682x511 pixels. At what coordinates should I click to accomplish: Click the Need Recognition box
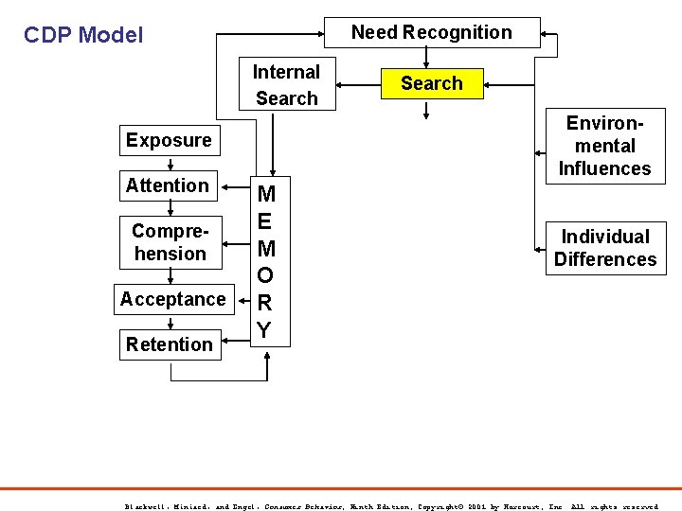[432, 32]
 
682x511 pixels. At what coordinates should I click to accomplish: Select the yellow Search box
[431, 83]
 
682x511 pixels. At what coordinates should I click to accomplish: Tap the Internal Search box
[286, 85]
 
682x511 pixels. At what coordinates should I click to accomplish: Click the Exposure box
[169, 140]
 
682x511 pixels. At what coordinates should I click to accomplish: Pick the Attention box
[168, 185]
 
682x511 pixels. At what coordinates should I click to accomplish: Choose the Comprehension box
[170, 242]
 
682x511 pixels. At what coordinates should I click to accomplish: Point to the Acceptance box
[172, 299]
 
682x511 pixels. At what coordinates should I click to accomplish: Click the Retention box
[170, 344]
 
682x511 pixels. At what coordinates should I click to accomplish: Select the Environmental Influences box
[604, 146]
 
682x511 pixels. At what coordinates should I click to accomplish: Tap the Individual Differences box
[604, 248]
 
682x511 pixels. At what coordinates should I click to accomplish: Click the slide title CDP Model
[83, 36]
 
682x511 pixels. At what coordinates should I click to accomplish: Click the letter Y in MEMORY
[266, 330]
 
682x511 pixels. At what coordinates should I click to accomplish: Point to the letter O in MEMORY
[266, 276]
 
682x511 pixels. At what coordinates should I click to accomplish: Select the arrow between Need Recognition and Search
[431, 58]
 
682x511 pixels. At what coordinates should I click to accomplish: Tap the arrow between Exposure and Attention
[170, 163]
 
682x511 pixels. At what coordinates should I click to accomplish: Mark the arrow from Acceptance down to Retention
[170, 322]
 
